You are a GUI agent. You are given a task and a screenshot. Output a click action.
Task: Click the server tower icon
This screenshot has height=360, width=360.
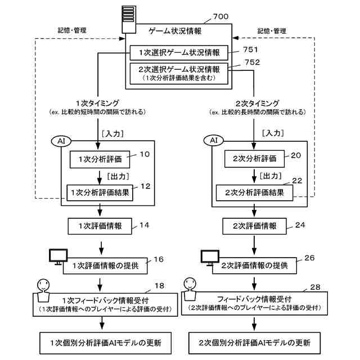point(129,20)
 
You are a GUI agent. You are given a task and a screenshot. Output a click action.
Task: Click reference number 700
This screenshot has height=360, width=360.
point(220,16)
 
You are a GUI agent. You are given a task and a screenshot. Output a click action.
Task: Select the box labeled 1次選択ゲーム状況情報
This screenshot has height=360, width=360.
point(179,53)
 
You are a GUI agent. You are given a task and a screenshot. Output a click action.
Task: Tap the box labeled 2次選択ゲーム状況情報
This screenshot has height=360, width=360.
point(179,74)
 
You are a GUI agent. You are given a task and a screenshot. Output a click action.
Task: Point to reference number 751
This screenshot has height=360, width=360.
point(250,49)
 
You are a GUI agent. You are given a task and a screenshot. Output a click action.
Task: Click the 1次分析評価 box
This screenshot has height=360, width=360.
point(100,159)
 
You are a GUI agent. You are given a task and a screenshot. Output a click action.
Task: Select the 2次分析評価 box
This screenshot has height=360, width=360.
point(254,159)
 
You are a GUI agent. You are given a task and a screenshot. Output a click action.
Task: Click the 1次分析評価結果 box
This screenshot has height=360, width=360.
point(100,193)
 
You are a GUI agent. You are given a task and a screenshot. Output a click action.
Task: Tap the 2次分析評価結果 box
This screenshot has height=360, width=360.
point(254,193)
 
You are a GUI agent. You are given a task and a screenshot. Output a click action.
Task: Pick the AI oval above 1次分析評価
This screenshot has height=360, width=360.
point(61,141)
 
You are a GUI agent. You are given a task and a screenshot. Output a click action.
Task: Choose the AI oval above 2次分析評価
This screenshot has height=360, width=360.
point(214,140)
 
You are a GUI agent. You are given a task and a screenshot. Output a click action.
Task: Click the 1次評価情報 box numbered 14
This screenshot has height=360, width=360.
point(100,226)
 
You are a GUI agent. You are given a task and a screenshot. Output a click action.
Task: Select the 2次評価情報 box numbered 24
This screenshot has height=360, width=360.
point(254,226)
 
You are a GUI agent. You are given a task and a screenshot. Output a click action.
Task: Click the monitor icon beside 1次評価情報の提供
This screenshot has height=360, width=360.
point(58,256)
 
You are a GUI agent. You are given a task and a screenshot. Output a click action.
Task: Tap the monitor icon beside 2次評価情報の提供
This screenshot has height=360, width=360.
point(210,258)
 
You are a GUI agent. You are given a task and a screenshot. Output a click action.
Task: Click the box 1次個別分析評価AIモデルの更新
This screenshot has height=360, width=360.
point(106,343)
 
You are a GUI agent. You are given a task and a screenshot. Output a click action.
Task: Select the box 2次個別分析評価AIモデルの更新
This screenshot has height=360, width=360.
point(254,343)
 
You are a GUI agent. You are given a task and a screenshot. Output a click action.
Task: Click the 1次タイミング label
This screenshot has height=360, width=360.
point(97,103)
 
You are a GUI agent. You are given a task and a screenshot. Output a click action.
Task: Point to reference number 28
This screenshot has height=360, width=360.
point(315,287)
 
